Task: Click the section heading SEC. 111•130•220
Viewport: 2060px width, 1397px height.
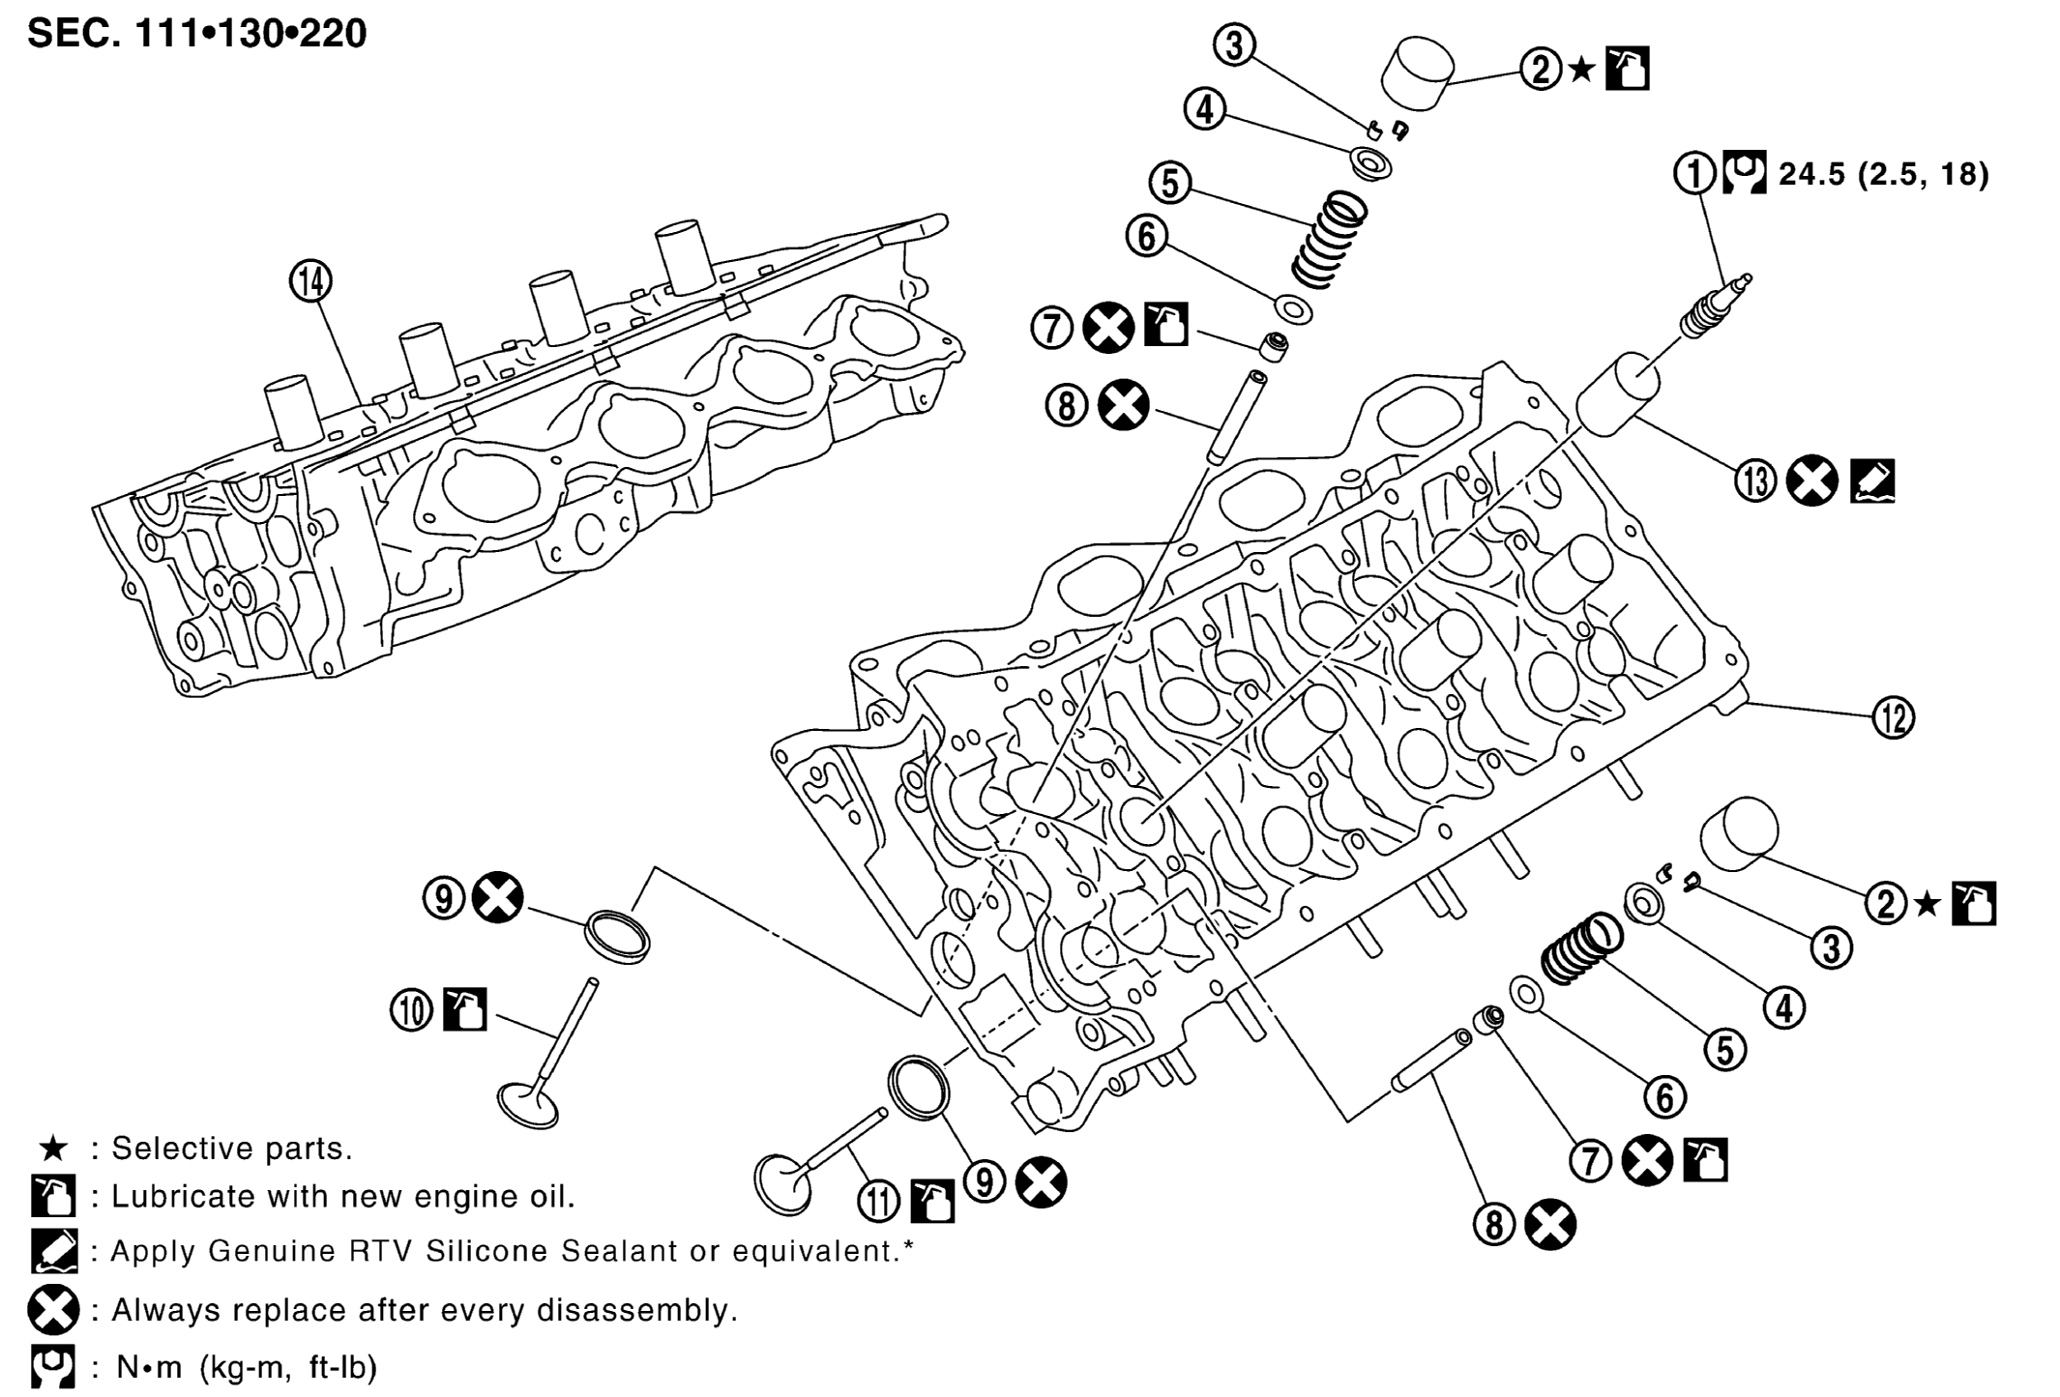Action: [x=197, y=34]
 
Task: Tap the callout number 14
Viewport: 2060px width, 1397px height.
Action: [x=310, y=281]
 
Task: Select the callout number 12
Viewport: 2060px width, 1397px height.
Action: [x=1893, y=717]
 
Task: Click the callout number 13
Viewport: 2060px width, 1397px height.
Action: [x=1755, y=480]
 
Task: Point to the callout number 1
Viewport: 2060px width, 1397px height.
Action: [x=1694, y=173]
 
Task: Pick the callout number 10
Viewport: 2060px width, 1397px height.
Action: [x=412, y=1011]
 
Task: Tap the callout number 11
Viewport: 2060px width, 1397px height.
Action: [x=879, y=1202]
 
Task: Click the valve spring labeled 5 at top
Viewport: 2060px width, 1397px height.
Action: [x=1330, y=239]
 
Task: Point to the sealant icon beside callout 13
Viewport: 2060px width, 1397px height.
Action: [x=1872, y=480]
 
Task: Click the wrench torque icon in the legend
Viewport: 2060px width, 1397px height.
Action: [x=52, y=1367]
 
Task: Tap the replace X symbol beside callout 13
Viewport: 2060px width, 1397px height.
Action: [x=1812, y=480]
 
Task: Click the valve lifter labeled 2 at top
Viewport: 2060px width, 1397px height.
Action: [x=1417, y=71]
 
